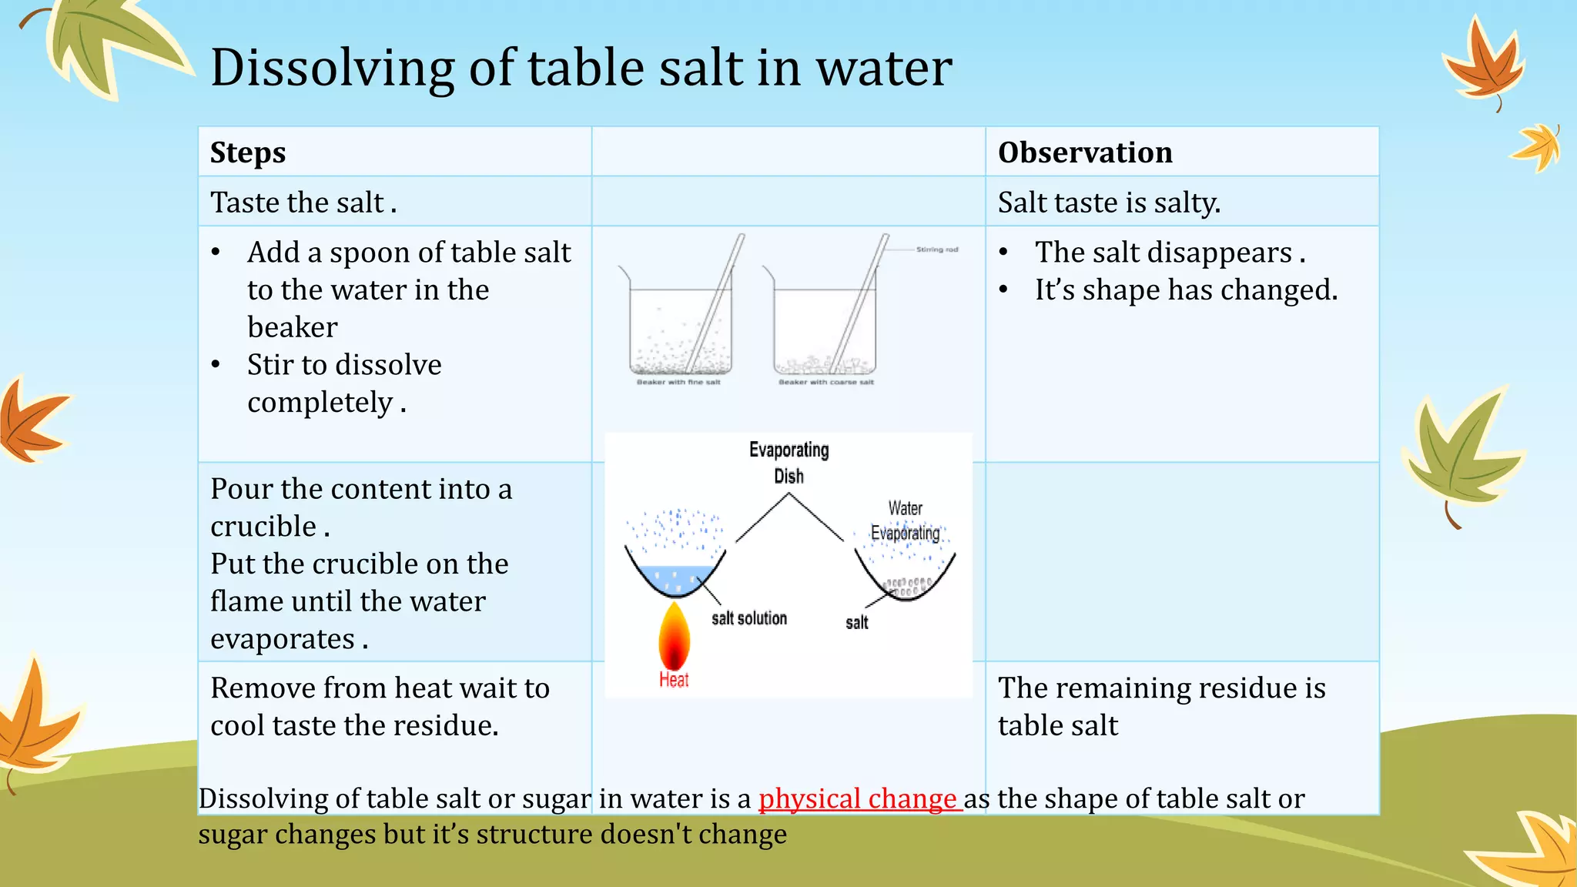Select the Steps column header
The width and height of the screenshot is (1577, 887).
pyautogui.click(x=248, y=152)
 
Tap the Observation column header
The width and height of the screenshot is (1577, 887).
pyautogui.click(x=1085, y=152)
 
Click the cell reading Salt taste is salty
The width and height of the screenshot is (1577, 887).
pyautogui.click(x=1109, y=203)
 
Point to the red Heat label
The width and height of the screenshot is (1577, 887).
pyautogui.click(x=673, y=680)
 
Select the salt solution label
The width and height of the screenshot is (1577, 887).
pyautogui.click(x=748, y=618)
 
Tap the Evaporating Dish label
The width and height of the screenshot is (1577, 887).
pyautogui.click(x=788, y=462)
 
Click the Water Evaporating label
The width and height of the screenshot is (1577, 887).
pyautogui.click(x=905, y=520)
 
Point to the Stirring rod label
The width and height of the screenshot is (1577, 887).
pyautogui.click(x=936, y=249)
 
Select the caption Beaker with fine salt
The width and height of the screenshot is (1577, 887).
pyautogui.click(x=678, y=382)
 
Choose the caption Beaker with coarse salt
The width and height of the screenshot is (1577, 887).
pyautogui.click(x=825, y=382)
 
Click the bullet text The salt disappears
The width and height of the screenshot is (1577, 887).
pyautogui.click(x=1169, y=253)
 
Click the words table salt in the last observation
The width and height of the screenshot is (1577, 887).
pyautogui.click(x=1057, y=725)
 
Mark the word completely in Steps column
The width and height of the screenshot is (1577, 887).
pyautogui.click(x=320, y=403)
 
